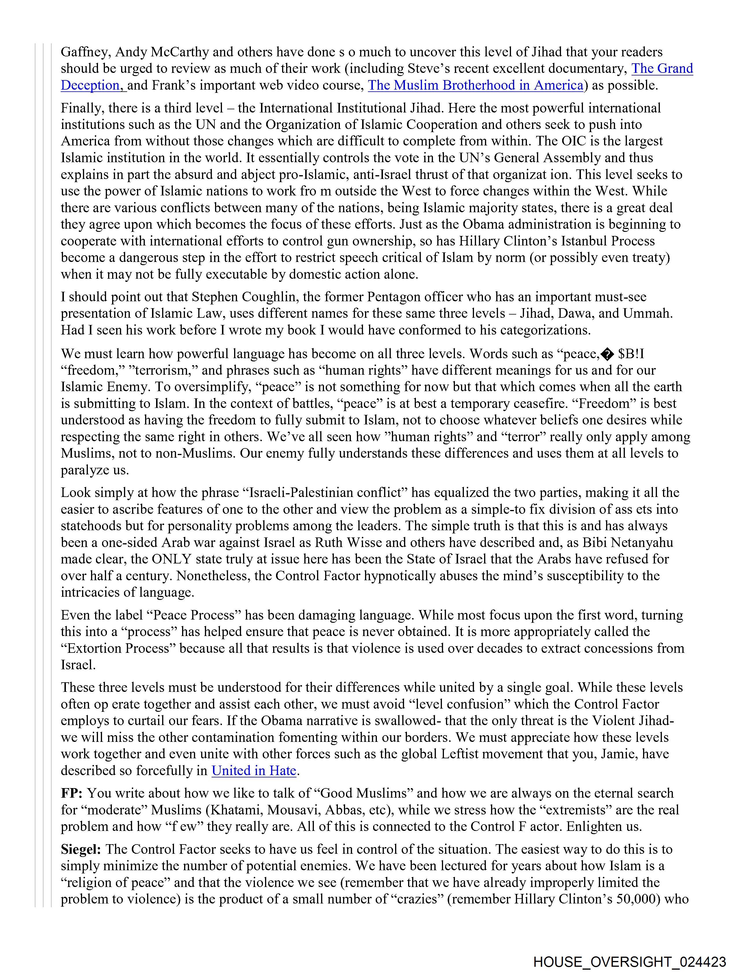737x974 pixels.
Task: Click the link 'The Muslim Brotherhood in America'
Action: [475, 85]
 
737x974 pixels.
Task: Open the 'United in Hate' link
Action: [253, 770]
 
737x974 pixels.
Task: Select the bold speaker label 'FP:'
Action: [72, 793]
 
